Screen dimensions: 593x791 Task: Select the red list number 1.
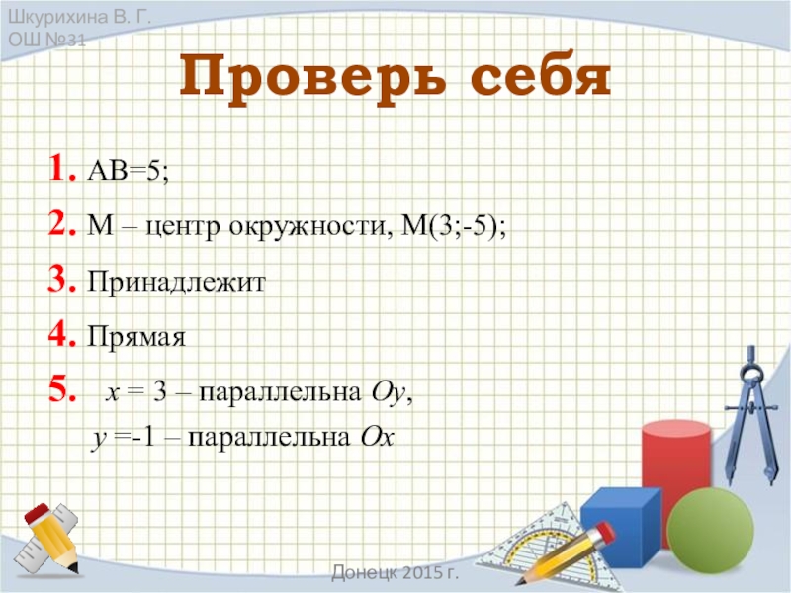59,171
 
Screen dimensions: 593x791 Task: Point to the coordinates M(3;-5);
454,228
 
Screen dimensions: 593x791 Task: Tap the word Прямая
136,339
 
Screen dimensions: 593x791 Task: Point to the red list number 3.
58,284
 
